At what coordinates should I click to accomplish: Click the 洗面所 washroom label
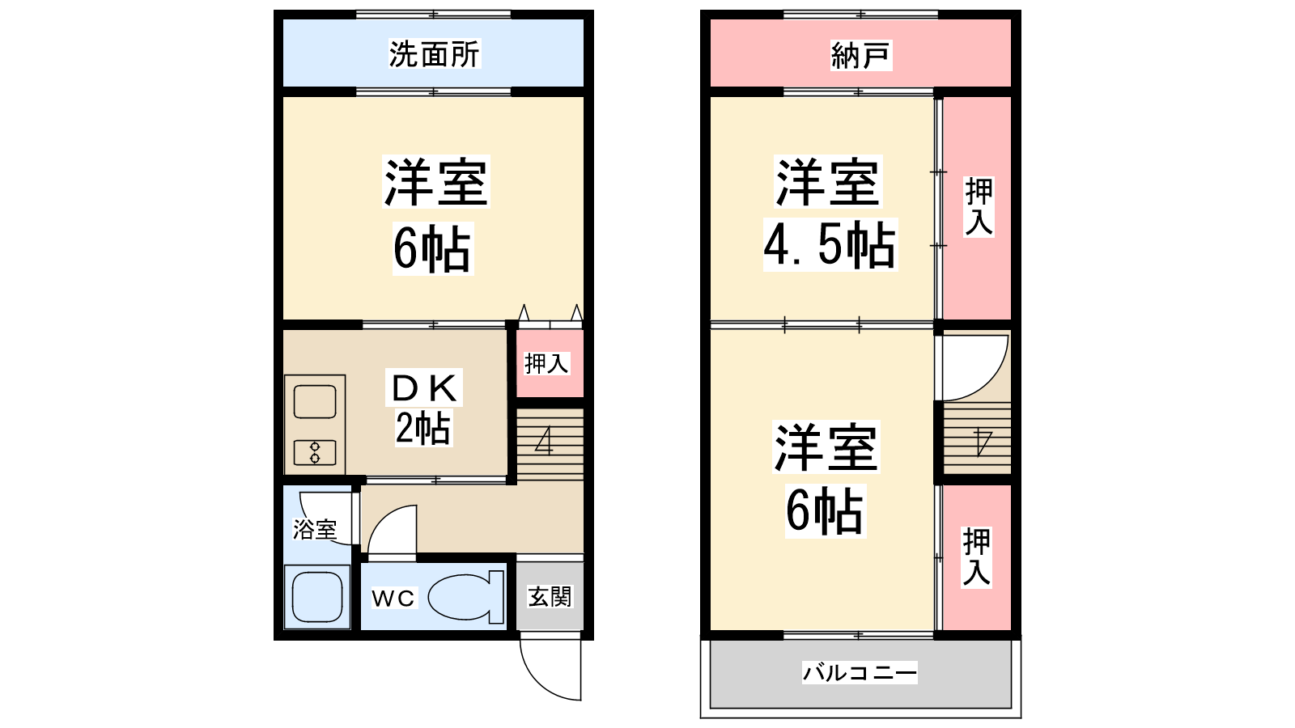[434, 54]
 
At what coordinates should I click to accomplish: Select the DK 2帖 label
[424, 408]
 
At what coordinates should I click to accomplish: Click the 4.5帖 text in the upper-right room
[830, 245]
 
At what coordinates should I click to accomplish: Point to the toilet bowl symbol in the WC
[466, 598]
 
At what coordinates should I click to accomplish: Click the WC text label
[393, 599]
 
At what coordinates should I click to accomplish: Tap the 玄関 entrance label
[550, 597]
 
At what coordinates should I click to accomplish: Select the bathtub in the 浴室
[316, 597]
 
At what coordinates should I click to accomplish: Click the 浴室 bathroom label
[315, 529]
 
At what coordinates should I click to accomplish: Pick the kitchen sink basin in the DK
[315, 401]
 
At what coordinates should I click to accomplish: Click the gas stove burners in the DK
[315, 452]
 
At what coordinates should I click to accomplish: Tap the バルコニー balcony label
[860, 672]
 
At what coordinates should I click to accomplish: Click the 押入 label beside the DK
[546, 363]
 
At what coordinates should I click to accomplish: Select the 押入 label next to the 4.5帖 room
[979, 207]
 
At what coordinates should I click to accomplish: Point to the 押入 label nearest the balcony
[977, 557]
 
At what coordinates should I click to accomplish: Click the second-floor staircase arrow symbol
[983, 442]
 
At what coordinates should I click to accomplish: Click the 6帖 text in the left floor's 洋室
[433, 248]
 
